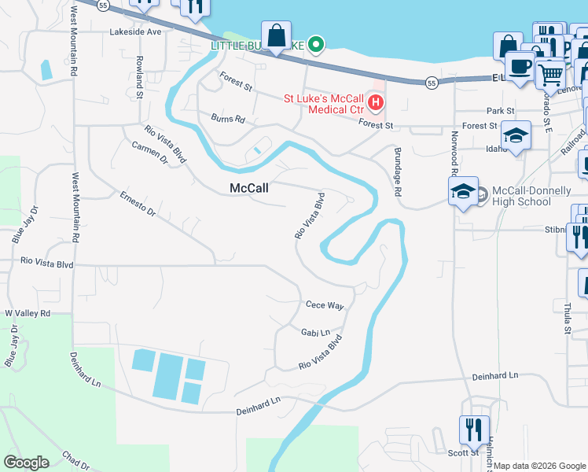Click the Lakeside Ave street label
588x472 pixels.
(x=135, y=32)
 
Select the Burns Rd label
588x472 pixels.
(x=228, y=119)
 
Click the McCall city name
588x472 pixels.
(x=249, y=189)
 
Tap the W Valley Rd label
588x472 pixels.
(x=28, y=313)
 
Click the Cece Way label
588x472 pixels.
(x=325, y=305)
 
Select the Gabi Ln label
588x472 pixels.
(x=315, y=333)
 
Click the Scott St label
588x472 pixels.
(x=463, y=452)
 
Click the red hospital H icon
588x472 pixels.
(x=376, y=103)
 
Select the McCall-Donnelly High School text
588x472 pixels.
(x=521, y=196)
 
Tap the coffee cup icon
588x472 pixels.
(x=520, y=65)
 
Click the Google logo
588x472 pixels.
(x=26, y=463)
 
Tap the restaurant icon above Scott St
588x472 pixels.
(x=474, y=430)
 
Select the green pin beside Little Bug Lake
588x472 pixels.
(x=316, y=45)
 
